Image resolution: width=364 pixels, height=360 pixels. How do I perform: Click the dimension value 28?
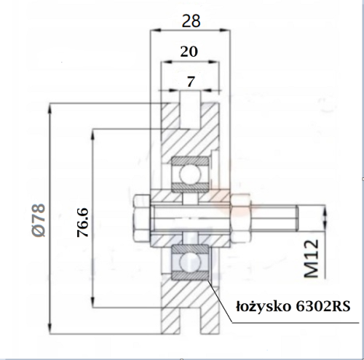point(191,21)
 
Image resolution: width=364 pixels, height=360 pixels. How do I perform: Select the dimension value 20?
point(189,52)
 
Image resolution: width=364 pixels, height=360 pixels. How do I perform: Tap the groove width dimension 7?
point(191,81)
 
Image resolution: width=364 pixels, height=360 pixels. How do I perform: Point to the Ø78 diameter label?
point(39,220)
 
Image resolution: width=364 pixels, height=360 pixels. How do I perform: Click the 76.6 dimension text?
point(83,223)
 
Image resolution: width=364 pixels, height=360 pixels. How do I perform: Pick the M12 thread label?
point(312,258)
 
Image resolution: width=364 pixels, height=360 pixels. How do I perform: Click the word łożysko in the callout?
point(264,307)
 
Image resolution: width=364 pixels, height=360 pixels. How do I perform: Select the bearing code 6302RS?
point(323,307)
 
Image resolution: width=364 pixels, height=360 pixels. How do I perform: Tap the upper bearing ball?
point(190,174)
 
